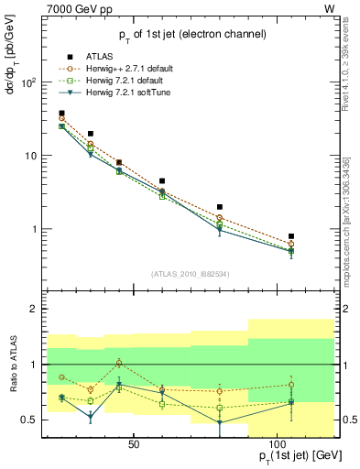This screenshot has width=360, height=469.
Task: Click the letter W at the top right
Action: point(329,8)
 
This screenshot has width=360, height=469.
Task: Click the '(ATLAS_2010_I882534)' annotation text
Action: point(191,275)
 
